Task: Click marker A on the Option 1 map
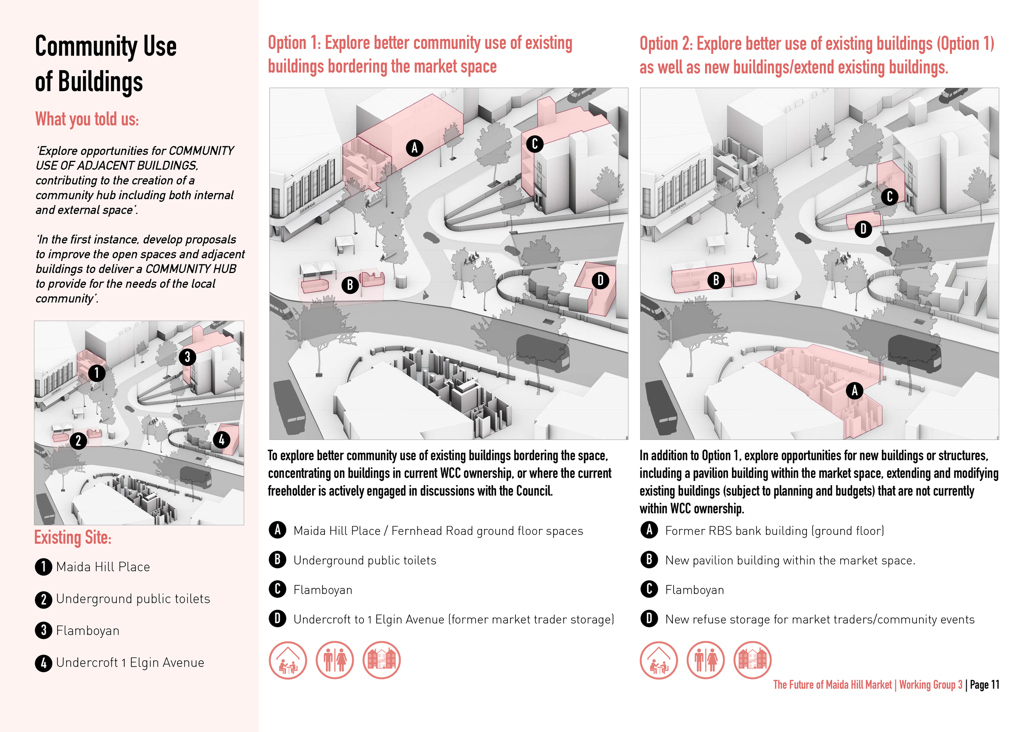tap(414, 147)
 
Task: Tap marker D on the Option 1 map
tap(600, 280)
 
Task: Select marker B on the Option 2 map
tap(716, 280)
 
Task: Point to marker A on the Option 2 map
tap(854, 390)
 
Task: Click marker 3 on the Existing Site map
tap(188, 357)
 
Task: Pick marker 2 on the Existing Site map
tap(78, 440)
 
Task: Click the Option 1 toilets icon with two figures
tap(335, 660)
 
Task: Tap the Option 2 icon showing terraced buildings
tap(752, 660)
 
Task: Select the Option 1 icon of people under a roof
tap(288, 660)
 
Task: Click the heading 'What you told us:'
tap(87, 119)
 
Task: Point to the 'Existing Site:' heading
tap(72, 538)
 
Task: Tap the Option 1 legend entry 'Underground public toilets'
tap(365, 560)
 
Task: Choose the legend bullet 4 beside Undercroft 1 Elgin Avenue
tap(43, 663)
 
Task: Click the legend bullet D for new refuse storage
tap(649, 619)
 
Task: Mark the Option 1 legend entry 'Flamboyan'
tap(323, 590)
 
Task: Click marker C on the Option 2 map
tap(889, 197)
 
